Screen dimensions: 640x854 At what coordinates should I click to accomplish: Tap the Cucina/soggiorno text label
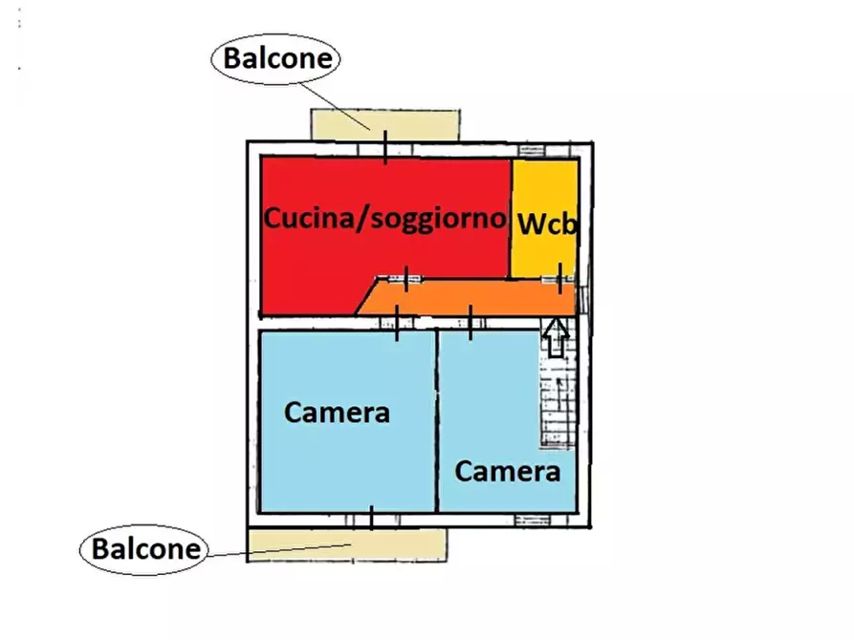click(x=384, y=218)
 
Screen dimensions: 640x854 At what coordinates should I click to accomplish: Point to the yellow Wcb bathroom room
click(x=544, y=191)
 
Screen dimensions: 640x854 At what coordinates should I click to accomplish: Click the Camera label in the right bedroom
click(x=507, y=471)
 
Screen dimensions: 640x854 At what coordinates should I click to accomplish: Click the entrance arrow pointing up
click(x=556, y=337)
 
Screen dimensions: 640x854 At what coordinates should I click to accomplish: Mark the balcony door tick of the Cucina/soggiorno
click(x=385, y=148)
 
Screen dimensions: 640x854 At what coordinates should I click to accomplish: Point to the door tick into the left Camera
click(x=398, y=323)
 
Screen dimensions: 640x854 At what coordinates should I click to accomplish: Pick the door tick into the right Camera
click(x=471, y=323)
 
